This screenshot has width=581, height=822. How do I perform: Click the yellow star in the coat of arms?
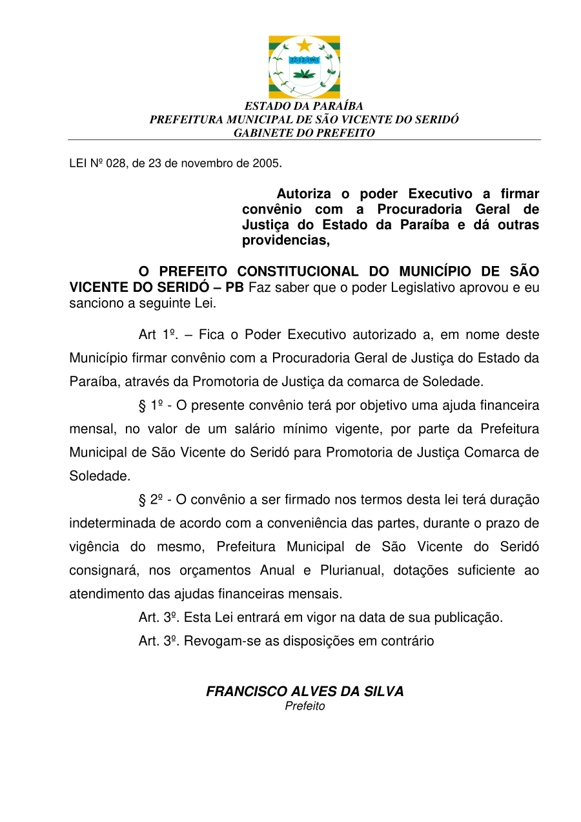[x=304, y=45]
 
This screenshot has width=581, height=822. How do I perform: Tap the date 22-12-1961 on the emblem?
[x=305, y=59]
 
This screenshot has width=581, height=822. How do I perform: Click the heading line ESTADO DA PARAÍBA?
[x=303, y=106]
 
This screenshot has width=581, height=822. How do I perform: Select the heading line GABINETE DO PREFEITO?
[x=303, y=133]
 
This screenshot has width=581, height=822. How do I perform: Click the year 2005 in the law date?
[x=265, y=163]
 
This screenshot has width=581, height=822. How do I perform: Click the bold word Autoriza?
[x=304, y=194]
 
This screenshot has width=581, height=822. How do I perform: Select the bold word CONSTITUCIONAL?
[x=298, y=272]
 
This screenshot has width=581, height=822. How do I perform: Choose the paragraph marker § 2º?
[x=150, y=500]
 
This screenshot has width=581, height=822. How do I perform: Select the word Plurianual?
[x=349, y=570]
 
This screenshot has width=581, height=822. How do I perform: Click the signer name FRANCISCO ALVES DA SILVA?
[x=305, y=692]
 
